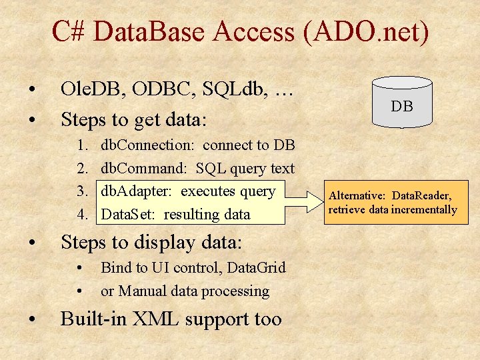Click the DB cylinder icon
tap(401, 102)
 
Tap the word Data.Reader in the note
tap(421, 195)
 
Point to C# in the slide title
tap(69, 31)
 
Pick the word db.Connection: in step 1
tap(147, 145)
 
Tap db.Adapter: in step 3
tap(137, 191)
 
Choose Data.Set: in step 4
tap(128, 215)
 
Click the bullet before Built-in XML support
tap(31, 319)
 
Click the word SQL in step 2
tap(211, 169)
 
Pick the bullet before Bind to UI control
tap(81, 268)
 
